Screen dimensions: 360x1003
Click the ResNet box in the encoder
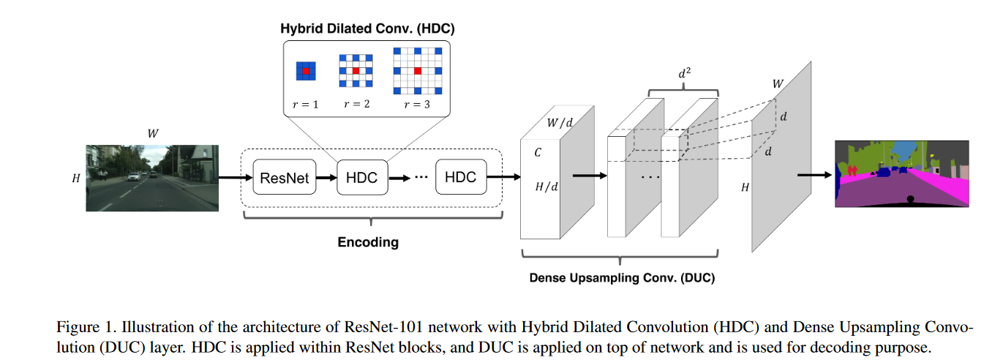285,177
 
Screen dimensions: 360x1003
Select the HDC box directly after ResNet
361,177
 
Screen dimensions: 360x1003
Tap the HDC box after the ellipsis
460,177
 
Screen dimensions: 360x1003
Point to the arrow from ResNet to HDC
326,177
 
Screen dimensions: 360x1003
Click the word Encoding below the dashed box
368,242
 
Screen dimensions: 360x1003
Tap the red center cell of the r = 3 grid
417,71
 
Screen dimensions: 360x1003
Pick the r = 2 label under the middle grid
356,105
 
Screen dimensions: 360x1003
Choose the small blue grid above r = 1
305,71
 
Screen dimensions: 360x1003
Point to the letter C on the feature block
537,154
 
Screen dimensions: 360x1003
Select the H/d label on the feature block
546,187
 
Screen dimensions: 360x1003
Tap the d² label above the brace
683,74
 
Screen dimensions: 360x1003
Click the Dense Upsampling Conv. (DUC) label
622,278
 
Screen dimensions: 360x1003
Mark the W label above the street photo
152,134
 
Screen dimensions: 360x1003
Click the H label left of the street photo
76,178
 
